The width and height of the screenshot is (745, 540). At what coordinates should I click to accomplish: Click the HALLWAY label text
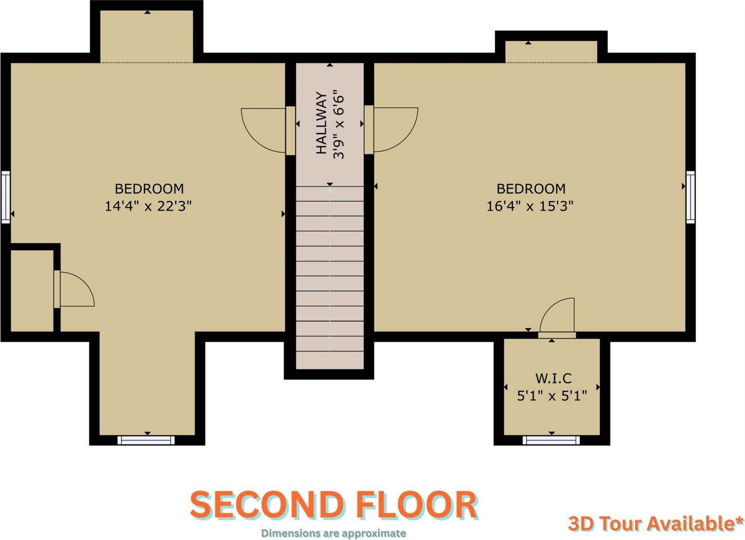(321, 123)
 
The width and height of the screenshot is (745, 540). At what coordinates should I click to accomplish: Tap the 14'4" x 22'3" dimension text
(148, 206)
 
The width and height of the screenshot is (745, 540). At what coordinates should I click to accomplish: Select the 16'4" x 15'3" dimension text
(530, 206)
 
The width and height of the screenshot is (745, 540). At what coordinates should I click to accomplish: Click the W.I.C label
(554, 378)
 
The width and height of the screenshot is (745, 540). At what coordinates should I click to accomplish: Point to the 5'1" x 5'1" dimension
(552, 396)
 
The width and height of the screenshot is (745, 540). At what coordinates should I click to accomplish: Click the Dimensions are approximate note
(334, 533)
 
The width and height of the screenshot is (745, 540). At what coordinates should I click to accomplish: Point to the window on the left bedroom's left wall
(6, 197)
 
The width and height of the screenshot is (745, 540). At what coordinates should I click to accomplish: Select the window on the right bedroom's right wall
(691, 197)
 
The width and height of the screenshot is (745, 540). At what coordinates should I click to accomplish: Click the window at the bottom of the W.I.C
(552, 440)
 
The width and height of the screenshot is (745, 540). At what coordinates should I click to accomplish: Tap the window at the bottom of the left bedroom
(146, 440)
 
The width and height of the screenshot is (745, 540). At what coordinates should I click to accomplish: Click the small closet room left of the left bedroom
(32, 291)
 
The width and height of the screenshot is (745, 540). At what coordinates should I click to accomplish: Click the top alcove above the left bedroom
(147, 36)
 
